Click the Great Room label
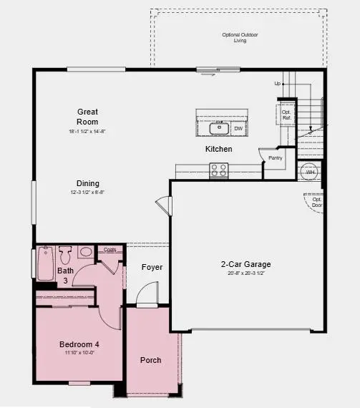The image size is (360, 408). tap(88, 117)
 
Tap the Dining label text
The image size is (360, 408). tap(88, 183)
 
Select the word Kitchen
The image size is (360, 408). tap(219, 149)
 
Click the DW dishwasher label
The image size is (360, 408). tap(238, 128)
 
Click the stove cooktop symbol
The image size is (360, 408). tap(219, 170)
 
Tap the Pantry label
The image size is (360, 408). tap(276, 157)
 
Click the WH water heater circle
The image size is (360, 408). tap(311, 173)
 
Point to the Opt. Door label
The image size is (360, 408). tap(317, 201)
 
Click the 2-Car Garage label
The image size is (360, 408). tap(245, 264)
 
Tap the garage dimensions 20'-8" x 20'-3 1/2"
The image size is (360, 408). tap(245, 273)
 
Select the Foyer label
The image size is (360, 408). tap(152, 267)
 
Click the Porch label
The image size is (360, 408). tap(150, 360)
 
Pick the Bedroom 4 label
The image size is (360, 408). tap(79, 344)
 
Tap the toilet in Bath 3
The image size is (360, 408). tap(65, 254)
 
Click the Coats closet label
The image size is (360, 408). tap(110, 250)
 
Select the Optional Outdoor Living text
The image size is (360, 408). tap(240, 37)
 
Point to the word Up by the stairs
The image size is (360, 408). tap(278, 84)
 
